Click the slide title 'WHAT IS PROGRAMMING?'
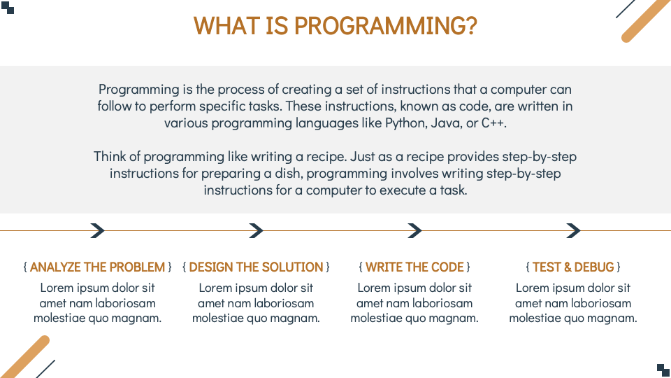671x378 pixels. [335, 26]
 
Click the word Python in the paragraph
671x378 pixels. [403, 122]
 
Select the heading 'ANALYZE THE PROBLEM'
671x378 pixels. [98, 267]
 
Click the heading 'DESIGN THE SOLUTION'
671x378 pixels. [256, 267]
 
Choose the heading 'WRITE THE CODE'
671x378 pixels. [414, 267]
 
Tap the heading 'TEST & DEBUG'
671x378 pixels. [573, 267]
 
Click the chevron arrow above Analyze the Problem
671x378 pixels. [98, 230]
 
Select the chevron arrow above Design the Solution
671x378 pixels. [257, 230]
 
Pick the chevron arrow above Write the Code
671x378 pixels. [415, 230]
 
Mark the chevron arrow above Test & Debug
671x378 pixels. [574, 230]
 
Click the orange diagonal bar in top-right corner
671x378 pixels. [646, 19]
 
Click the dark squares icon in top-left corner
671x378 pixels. [8, 8]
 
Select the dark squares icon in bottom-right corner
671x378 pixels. [663, 370]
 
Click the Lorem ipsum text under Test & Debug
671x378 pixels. [573, 303]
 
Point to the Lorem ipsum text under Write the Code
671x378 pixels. [414, 303]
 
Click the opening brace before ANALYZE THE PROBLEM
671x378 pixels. [25, 267]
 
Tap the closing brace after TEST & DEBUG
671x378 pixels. [619, 267]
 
